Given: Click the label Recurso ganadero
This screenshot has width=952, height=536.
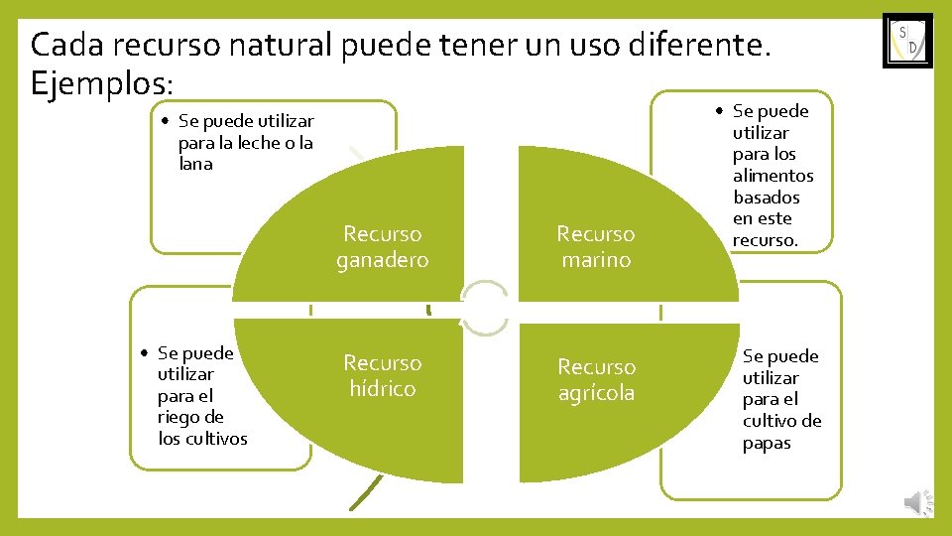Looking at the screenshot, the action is tap(382, 247).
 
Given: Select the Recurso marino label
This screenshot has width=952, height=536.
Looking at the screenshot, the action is tap(595, 247).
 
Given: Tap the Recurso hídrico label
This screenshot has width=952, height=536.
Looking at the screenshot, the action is tap(382, 376).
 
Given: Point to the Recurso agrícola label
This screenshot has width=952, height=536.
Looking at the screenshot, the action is tap(596, 380).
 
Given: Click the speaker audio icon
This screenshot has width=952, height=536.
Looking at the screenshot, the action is tap(918, 503).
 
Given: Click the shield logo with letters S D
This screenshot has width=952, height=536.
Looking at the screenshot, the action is tap(907, 41).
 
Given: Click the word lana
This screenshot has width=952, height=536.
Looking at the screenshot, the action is tap(195, 165).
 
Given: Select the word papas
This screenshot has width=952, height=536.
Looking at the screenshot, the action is tap(767, 444).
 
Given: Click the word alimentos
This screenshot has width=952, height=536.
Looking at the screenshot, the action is tap(773, 176).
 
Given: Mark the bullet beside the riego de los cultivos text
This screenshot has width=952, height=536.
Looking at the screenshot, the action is tap(145, 353).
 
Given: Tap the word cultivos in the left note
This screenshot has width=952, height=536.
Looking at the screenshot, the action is tap(212, 439).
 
